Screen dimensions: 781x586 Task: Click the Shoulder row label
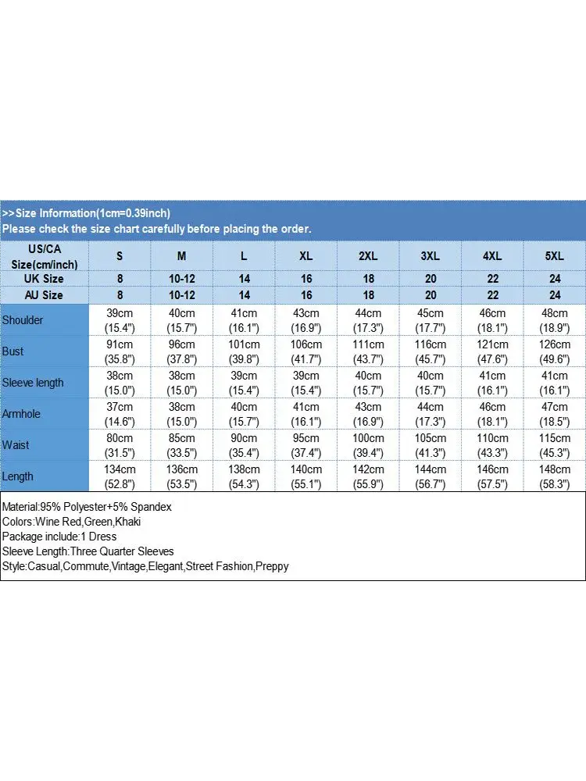tap(23, 320)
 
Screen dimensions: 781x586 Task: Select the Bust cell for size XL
tap(306, 351)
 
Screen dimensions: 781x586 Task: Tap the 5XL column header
tap(555, 255)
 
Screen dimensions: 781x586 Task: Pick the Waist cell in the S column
tap(120, 445)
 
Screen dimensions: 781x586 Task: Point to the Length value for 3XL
tap(431, 476)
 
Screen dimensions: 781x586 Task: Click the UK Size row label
tap(45, 279)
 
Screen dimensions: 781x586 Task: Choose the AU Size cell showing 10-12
tap(182, 295)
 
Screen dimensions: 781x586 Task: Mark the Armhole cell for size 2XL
tap(369, 414)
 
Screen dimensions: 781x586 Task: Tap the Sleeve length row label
tap(33, 383)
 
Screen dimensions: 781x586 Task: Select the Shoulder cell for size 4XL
tap(492, 320)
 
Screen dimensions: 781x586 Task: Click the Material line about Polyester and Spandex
tap(87, 507)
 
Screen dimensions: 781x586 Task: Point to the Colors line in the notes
tap(71, 522)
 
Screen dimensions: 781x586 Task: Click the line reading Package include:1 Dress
tap(59, 537)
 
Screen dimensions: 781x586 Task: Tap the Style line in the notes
tap(145, 566)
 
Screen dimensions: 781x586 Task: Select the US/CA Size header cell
tap(45, 255)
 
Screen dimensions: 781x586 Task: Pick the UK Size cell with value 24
tap(555, 279)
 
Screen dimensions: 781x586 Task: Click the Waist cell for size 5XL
tap(555, 445)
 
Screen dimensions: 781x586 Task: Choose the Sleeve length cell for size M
tap(182, 383)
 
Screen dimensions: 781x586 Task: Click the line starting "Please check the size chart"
tap(156, 229)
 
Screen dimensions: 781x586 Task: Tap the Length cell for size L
tap(245, 476)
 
